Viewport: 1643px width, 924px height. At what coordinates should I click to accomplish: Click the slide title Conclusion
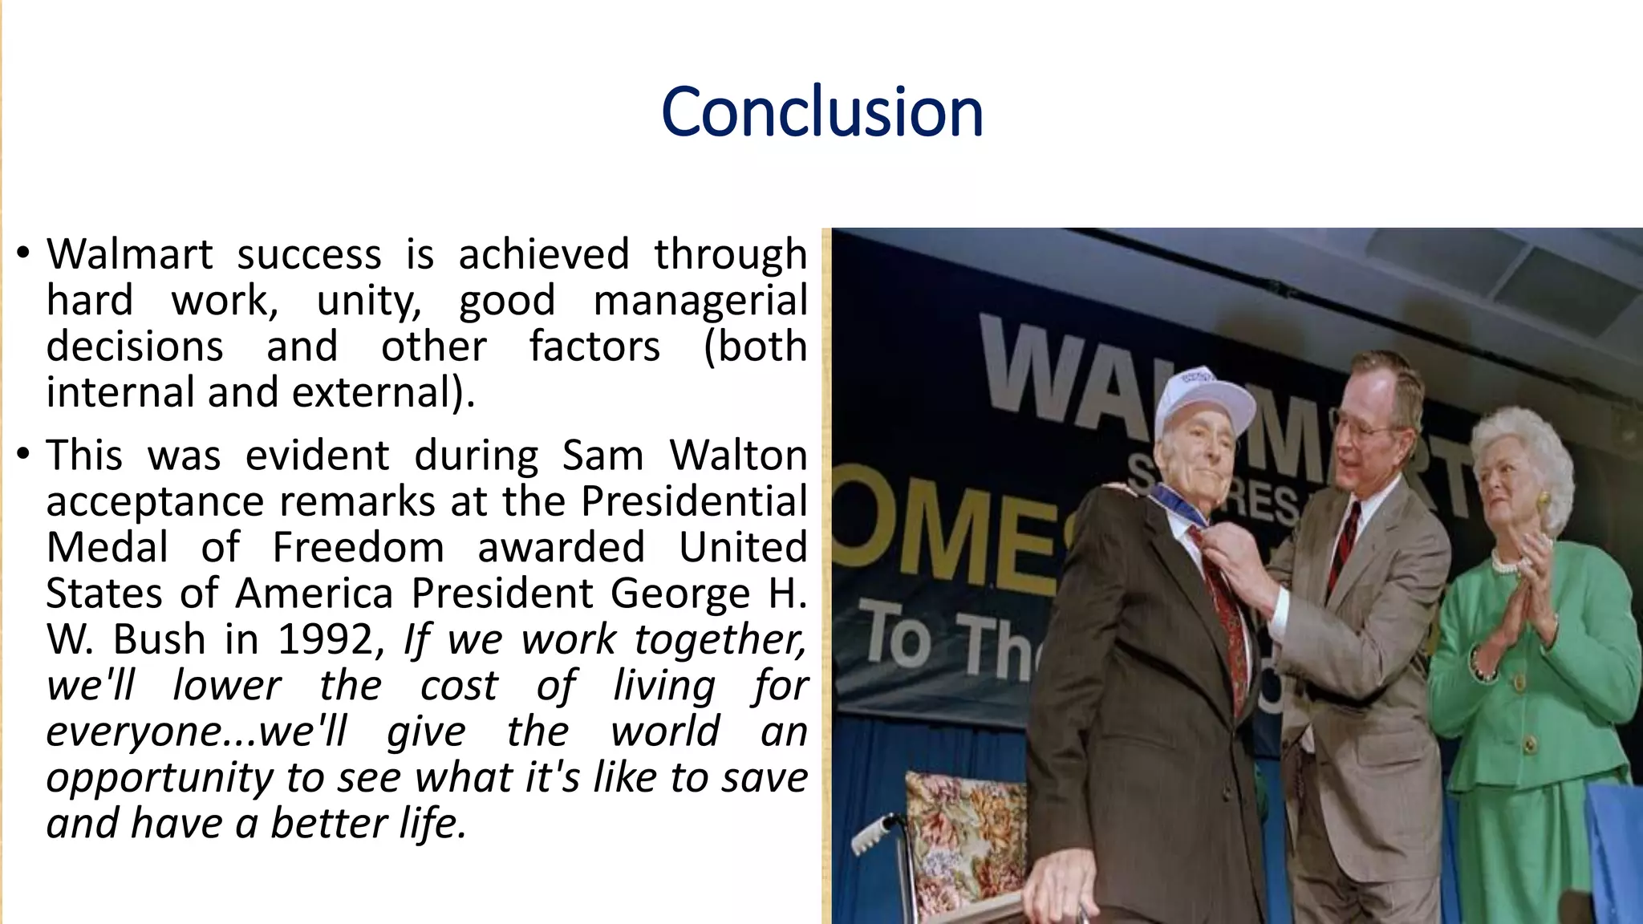tap(821, 112)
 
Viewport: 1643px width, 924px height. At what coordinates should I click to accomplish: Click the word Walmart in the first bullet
tap(129, 255)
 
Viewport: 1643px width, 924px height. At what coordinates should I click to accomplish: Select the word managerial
tap(700, 302)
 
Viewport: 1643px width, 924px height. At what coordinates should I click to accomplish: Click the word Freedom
tap(358, 548)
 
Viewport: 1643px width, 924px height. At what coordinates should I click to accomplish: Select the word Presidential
tap(693, 502)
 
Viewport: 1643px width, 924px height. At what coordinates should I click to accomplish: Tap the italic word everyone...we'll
tap(197, 731)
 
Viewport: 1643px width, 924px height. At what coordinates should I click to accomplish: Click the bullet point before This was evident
tap(23, 455)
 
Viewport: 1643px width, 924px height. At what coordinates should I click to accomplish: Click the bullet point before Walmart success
tap(23, 253)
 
